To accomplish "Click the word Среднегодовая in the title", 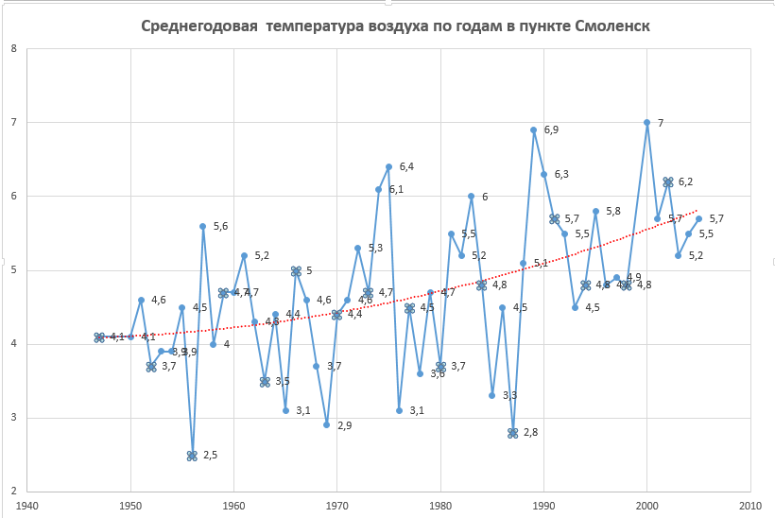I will [198, 26].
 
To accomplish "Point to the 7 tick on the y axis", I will [12, 122].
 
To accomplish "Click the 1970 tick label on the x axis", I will [337, 504].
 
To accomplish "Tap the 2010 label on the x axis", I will [750, 504].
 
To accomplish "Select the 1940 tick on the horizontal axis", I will [27, 504].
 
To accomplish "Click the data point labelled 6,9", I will [533, 129].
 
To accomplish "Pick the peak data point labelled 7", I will [646, 122].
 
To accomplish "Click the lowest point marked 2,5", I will [192, 455].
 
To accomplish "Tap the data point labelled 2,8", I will [513, 433].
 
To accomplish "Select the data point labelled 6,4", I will [388, 166].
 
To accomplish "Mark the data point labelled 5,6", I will [203, 226].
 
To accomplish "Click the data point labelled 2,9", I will [326, 425].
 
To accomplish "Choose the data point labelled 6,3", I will [543, 174].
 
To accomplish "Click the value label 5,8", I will [612, 211].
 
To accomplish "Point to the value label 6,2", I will [685, 181].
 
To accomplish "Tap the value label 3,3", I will [509, 395].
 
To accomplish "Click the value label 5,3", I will [375, 248].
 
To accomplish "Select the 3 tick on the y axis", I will [12, 418].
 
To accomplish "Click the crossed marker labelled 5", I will [296, 270].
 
